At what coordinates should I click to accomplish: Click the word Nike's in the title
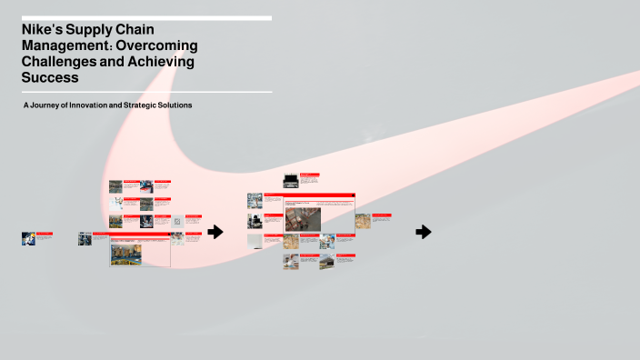click(44, 30)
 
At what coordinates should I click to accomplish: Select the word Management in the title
click(63, 45)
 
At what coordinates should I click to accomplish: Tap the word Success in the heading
click(50, 77)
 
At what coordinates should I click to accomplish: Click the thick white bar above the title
click(146, 18)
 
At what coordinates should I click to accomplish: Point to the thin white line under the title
click(146, 92)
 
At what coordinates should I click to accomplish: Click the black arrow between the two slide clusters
click(215, 232)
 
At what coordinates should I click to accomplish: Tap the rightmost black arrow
click(424, 232)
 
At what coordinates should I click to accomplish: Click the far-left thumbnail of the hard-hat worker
click(28, 238)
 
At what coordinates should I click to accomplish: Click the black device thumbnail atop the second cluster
click(290, 181)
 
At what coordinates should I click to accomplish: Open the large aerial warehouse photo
click(303, 219)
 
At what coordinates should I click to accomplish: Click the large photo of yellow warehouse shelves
click(125, 254)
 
